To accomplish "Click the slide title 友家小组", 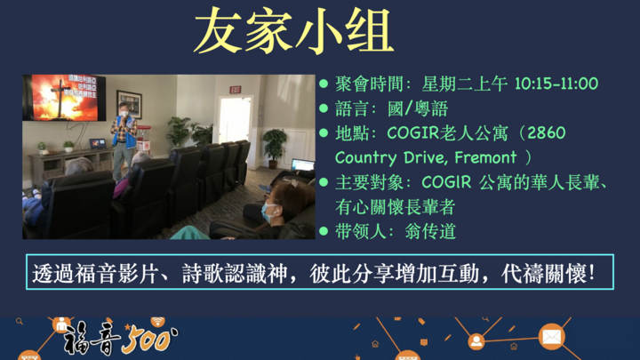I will (293, 34).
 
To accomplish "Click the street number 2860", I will (546, 133).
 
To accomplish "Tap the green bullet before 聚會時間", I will (324, 84).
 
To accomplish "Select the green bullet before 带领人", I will (324, 230).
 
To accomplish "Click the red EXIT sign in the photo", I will (235, 90).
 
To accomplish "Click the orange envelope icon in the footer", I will (551, 337).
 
